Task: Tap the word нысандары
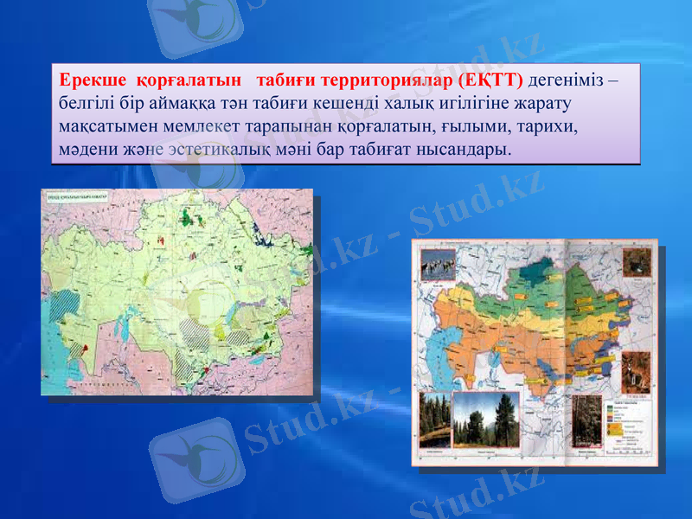463,149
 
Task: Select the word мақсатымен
99,126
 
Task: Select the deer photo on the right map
636,372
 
